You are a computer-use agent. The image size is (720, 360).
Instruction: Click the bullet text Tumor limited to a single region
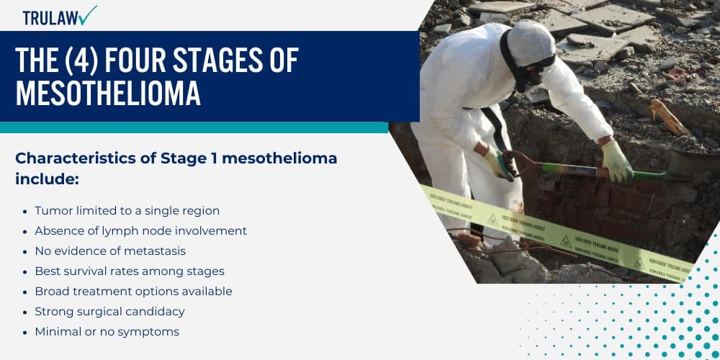(x=127, y=211)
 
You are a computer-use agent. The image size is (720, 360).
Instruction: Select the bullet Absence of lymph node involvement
(x=140, y=231)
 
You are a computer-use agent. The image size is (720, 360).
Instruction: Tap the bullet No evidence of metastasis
(x=110, y=251)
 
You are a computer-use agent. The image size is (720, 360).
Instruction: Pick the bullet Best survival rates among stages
(x=130, y=271)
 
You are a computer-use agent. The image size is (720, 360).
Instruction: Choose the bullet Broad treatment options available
(x=133, y=292)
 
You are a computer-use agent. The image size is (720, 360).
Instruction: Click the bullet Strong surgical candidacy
(x=109, y=312)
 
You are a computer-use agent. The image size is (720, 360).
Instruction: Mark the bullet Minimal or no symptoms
(x=107, y=332)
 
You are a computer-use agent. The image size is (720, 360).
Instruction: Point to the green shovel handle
(x=569, y=171)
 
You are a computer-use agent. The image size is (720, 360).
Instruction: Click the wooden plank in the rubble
(x=669, y=117)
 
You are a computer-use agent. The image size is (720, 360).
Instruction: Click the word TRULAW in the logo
(x=49, y=17)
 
